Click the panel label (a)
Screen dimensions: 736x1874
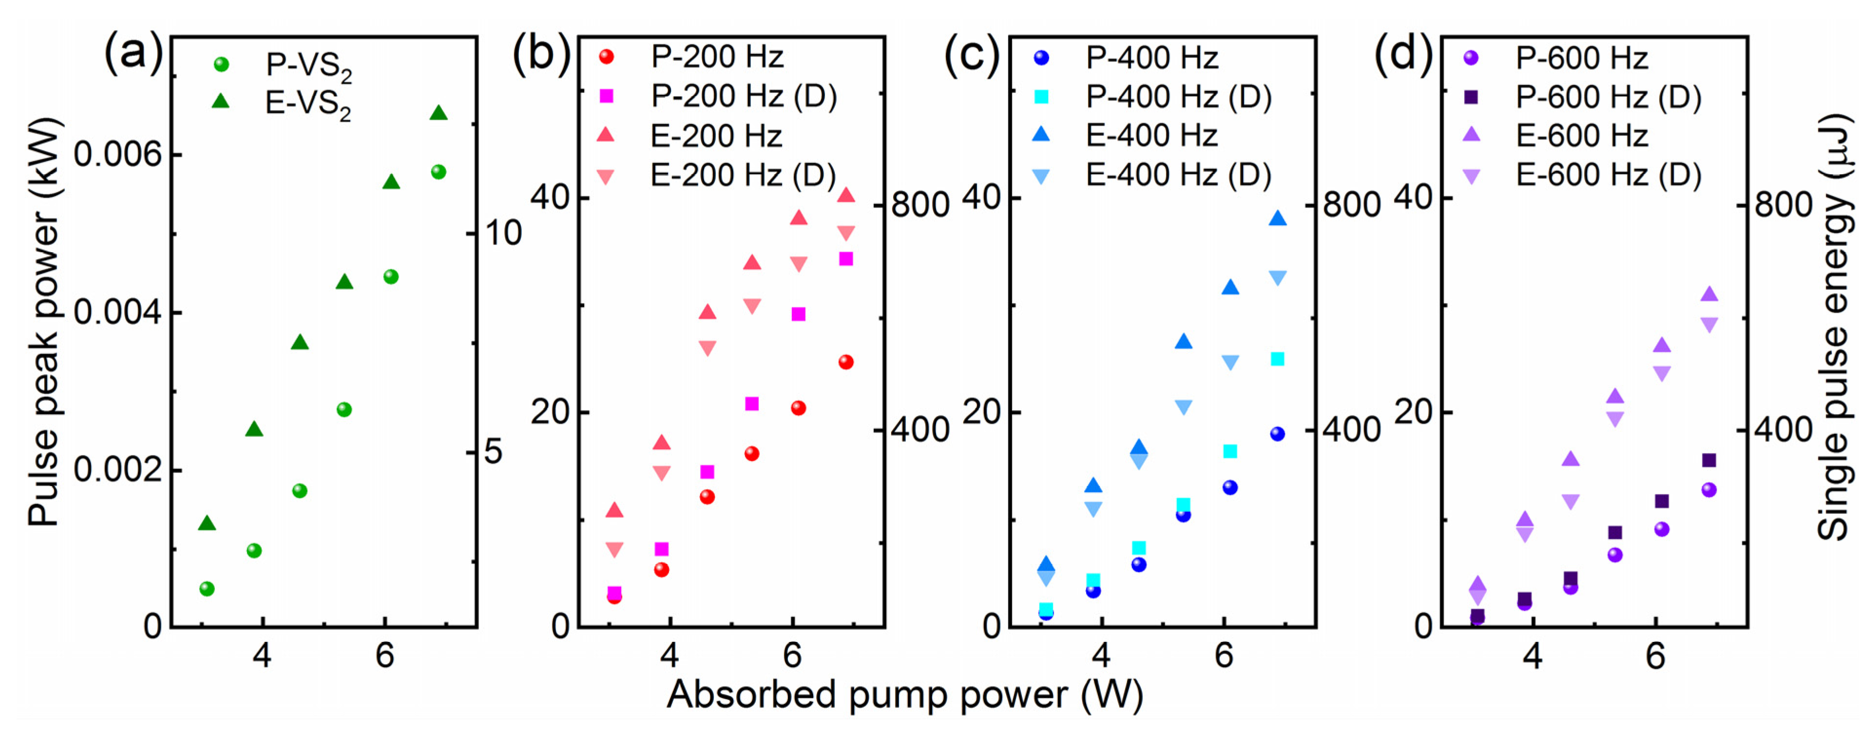pos(133,53)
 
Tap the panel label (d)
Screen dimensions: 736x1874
pos(1402,53)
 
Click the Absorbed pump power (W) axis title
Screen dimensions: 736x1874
pos(904,695)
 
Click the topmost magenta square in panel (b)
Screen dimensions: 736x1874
pos(845,259)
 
